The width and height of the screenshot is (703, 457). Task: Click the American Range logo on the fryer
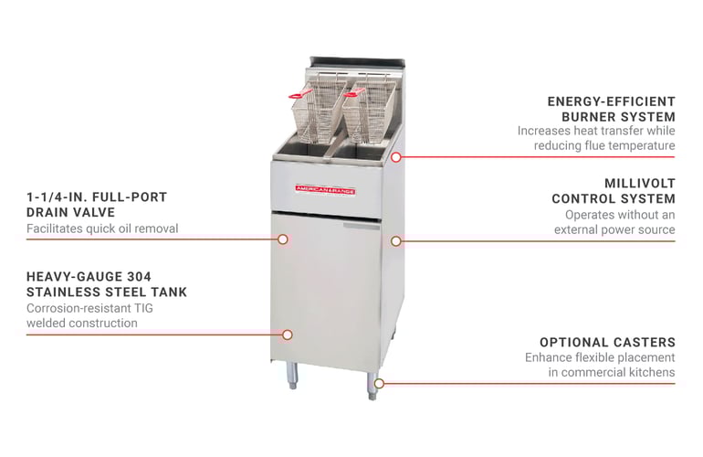(x=325, y=190)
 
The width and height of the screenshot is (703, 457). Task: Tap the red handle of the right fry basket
(x=354, y=92)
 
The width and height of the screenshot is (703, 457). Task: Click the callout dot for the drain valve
(x=282, y=239)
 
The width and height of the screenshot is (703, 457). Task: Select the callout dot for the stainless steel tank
(x=288, y=335)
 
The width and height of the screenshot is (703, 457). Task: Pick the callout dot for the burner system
(x=395, y=157)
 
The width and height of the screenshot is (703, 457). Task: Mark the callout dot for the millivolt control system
(x=395, y=241)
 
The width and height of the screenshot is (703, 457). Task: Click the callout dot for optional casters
(x=379, y=383)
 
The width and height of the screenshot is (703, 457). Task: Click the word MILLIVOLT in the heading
(x=640, y=183)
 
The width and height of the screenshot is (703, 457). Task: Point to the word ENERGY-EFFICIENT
(x=611, y=101)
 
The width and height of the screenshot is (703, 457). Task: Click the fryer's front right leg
(x=372, y=386)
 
